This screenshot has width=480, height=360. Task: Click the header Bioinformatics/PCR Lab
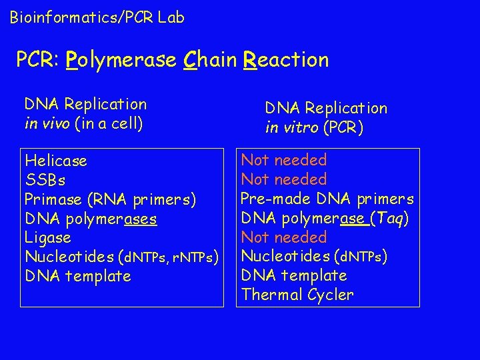pyautogui.click(x=97, y=18)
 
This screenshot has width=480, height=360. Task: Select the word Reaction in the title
pyautogui.click(x=287, y=60)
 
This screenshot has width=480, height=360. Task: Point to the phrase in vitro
pyautogui.click(x=291, y=127)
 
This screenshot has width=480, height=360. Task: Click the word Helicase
pyautogui.click(x=55, y=161)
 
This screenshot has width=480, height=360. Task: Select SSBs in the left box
pyautogui.click(x=45, y=180)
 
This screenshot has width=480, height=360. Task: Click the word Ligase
pyautogui.click(x=47, y=237)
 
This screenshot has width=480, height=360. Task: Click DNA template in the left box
pyautogui.click(x=77, y=276)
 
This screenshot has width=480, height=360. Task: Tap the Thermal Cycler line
pyautogui.click(x=297, y=295)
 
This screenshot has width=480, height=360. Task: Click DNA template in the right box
pyautogui.click(x=294, y=275)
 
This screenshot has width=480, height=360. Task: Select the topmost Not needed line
pyautogui.click(x=284, y=160)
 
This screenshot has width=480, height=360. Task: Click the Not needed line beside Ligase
pyautogui.click(x=284, y=237)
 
